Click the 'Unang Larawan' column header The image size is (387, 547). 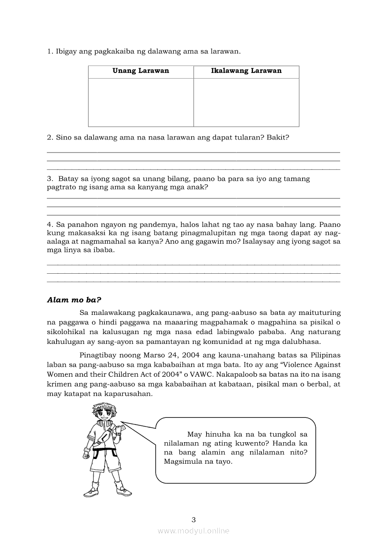[141, 71]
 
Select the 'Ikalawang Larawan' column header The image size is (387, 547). [246, 71]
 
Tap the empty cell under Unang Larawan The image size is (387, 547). [141, 102]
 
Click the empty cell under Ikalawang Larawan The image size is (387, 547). [246, 102]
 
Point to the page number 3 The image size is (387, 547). [193, 519]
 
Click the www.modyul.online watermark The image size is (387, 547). [193, 531]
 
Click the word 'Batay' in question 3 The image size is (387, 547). [68, 179]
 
